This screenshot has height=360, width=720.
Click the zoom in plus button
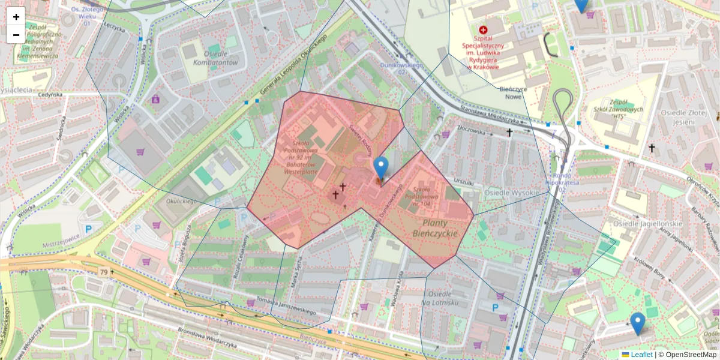[x=16, y=17]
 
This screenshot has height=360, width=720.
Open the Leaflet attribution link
[x=641, y=355]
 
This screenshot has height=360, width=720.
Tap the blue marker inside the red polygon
[x=380, y=169]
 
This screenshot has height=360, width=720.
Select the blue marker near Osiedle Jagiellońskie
[x=637, y=323]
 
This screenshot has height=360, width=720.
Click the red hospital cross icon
[x=483, y=29]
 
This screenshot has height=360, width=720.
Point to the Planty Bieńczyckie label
[x=435, y=228]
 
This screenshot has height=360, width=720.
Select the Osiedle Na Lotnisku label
[x=445, y=298]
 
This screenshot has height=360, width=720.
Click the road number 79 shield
[x=104, y=273]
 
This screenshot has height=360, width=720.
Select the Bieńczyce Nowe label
[x=513, y=92]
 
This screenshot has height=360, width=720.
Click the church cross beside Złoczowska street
[x=509, y=132]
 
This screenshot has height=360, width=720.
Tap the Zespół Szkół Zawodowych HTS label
[x=623, y=110]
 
